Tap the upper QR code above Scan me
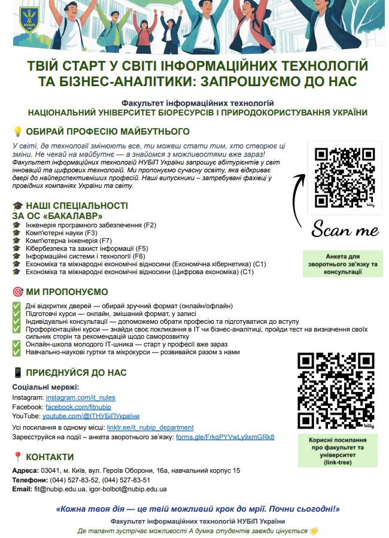344,178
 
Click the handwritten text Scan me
345,230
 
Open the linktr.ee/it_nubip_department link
150,427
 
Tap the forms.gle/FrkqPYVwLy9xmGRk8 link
225,437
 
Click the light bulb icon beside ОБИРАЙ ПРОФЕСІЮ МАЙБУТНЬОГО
17,132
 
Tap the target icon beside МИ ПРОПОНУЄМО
17,293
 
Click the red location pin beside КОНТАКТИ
17,458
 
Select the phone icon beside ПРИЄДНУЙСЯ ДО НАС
17,372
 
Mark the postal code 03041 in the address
49,470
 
